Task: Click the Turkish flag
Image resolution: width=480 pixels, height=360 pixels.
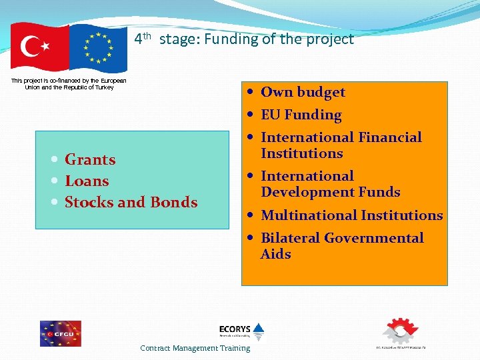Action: coord(39,47)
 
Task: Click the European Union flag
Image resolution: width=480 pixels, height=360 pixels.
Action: coord(98,48)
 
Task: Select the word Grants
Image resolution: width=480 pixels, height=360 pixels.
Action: coord(90,159)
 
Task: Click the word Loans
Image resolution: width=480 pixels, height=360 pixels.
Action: coord(87,181)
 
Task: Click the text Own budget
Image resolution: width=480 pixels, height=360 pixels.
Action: coord(303,92)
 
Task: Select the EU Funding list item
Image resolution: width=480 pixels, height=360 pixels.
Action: coord(301,115)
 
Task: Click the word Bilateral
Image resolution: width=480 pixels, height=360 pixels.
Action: coord(290,238)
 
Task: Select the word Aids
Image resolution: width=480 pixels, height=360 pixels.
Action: coord(276,254)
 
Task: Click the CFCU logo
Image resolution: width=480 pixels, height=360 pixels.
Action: coord(60,333)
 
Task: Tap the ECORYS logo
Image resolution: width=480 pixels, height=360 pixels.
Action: coord(241,331)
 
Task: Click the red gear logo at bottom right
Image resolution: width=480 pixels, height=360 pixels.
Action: coord(399,331)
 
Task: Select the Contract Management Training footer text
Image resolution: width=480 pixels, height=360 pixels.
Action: coord(195,348)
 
